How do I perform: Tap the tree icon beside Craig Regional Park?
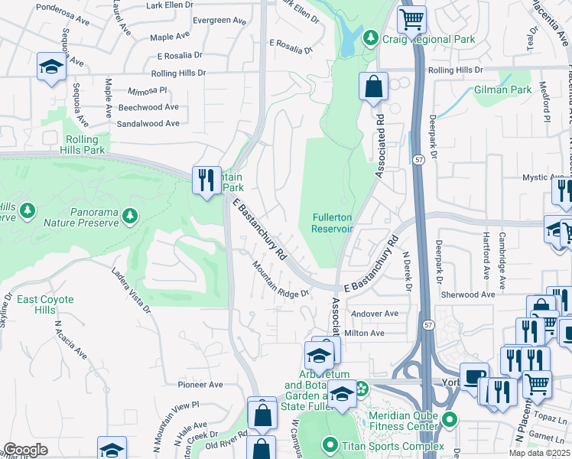coord(370,37)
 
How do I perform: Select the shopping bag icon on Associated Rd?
coord(372,88)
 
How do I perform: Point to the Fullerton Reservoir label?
coord(332,223)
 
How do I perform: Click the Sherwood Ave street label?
coord(468,295)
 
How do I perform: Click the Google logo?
coord(25,450)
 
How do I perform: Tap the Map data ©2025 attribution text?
coord(539,453)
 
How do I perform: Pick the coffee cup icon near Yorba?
coord(474,376)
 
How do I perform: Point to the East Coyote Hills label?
coord(46,304)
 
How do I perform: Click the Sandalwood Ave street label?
coord(148,123)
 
